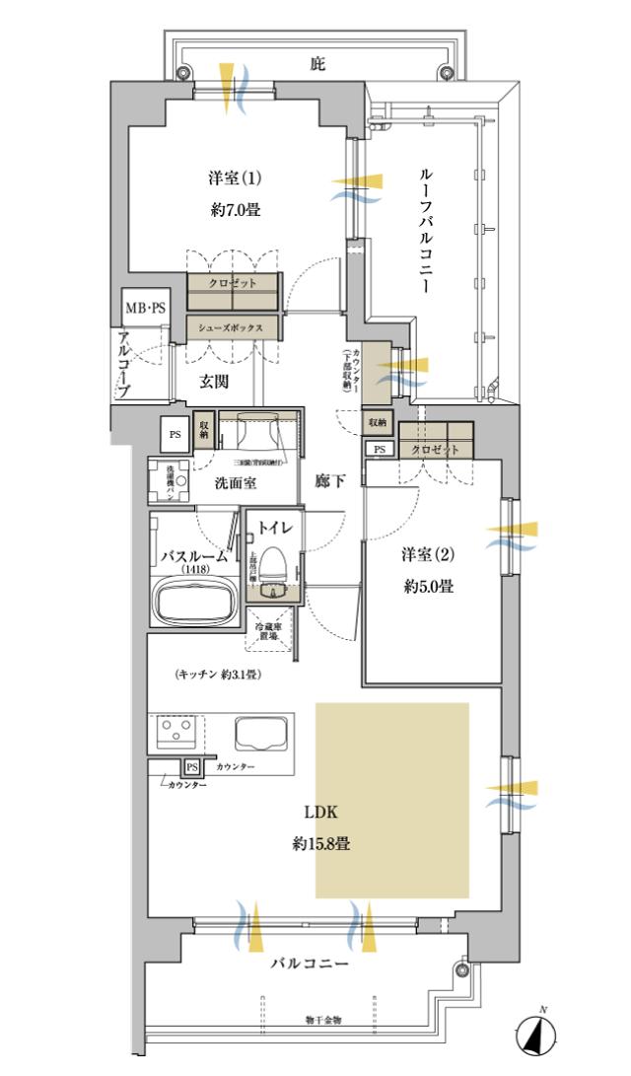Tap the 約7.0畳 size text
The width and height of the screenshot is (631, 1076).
[235, 209]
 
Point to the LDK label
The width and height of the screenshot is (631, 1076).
[320, 813]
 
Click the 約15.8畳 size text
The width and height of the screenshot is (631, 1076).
[321, 844]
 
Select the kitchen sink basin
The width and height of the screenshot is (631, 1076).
[260, 734]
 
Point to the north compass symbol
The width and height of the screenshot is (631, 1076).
[536, 1037]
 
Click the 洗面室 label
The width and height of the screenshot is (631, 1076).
[237, 482]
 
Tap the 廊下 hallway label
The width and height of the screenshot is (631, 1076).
[329, 481]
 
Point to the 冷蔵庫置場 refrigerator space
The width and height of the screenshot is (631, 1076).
[267, 632]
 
